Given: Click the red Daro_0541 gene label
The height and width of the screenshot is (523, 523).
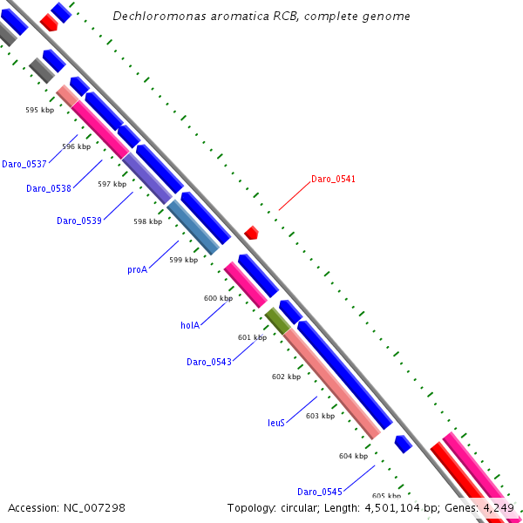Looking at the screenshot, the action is click(333, 180).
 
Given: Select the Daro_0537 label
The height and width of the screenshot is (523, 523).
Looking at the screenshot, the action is click(24, 164).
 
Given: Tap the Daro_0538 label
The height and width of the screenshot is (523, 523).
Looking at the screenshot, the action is click(49, 188).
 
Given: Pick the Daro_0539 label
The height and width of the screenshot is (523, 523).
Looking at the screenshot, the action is click(79, 221).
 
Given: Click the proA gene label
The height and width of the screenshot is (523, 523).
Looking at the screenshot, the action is click(137, 270).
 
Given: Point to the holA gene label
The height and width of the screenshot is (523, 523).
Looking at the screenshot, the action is click(190, 325).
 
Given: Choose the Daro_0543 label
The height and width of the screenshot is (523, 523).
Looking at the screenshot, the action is click(209, 362).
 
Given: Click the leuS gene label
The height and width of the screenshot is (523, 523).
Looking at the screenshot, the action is click(275, 423).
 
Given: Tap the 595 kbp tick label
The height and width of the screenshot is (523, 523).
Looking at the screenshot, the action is click(40, 110).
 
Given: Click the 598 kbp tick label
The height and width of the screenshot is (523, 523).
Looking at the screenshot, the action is click(147, 221).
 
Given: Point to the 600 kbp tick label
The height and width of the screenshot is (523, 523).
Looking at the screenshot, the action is click(218, 298).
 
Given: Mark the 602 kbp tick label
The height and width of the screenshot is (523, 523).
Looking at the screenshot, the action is click(286, 377).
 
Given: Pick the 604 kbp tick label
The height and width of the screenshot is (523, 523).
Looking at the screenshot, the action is click(353, 456).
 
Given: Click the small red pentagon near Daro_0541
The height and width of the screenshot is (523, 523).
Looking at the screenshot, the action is click(251, 233).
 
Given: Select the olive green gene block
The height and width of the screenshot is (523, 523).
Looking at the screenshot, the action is click(277, 320).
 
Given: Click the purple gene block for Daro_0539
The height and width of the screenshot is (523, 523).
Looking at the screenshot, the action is click(146, 178).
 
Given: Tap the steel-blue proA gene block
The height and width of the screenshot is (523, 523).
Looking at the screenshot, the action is click(194, 228).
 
